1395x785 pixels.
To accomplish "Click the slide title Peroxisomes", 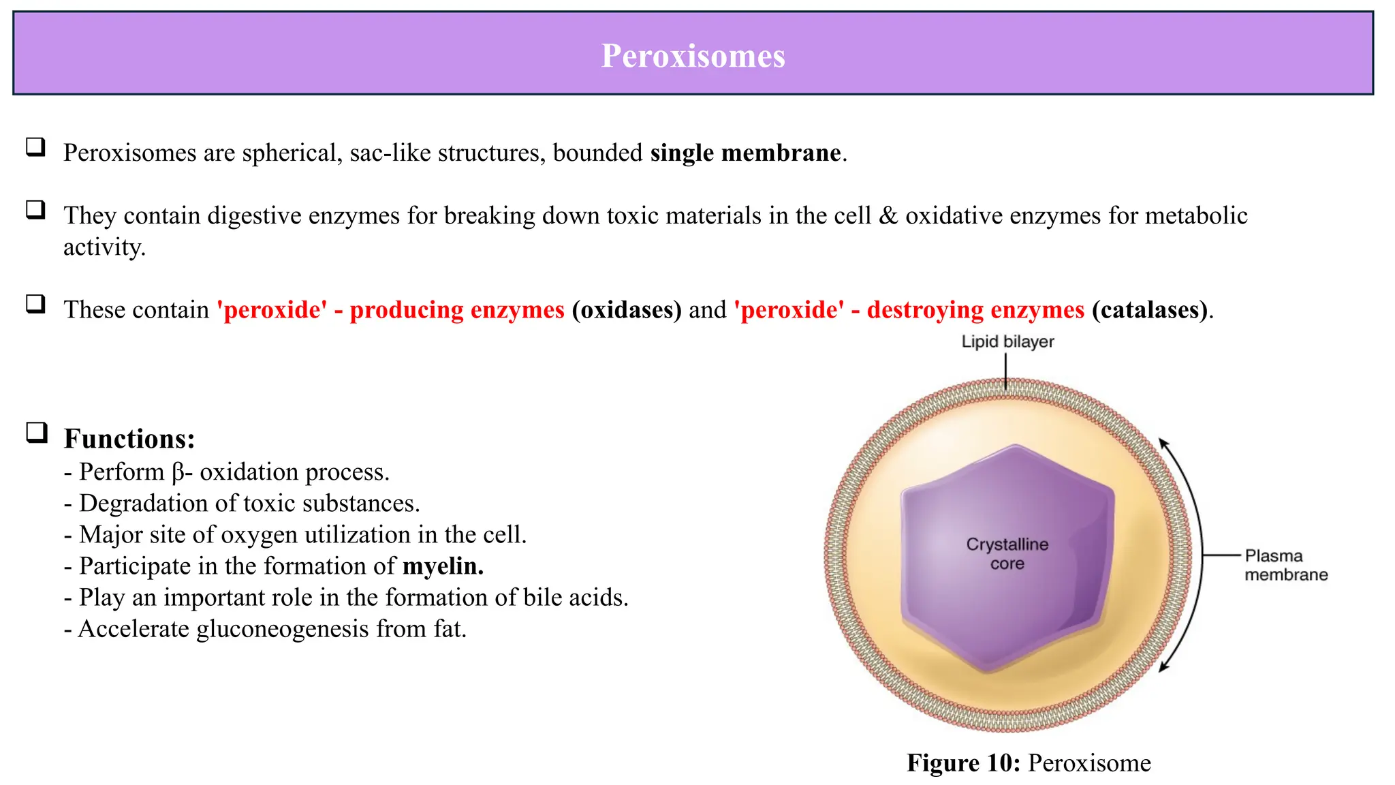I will pyautogui.click(x=693, y=56).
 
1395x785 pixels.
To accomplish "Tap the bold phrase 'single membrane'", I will pyautogui.click(x=745, y=153).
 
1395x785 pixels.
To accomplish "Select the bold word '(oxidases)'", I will pyautogui.click(x=627, y=310).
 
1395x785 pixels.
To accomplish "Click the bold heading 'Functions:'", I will pyautogui.click(x=129, y=439).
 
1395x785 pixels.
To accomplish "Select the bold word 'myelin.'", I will pyautogui.click(x=443, y=566).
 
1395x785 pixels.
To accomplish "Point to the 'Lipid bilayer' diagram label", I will pyautogui.click(x=1007, y=342).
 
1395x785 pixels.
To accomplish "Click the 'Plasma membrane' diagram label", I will pyautogui.click(x=1285, y=566).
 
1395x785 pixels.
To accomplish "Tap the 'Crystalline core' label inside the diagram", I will pyautogui.click(x=1007, y=554).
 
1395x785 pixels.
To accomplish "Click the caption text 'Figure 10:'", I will pyautogui.click(x=963, y=763).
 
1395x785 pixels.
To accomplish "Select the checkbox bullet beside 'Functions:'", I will pyautogui.click(x=37, y=433).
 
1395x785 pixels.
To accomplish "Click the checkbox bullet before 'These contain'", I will pyautogui.click(x=35, y=304).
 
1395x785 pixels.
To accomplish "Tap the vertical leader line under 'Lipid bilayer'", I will pyautogui.click(x=1006, y=372).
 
